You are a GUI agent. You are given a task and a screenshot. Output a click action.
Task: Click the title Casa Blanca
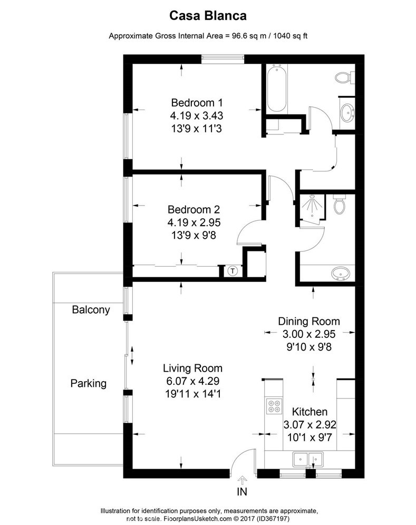pyautogui.click(x=208, y=16)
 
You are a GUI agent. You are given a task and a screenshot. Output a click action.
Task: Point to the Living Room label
pyautogui.click(x=192, y=368)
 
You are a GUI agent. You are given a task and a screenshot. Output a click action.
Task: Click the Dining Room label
pyautogui.click(x=309, y=321)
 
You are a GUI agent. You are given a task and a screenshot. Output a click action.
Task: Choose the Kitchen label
pyautogui.click(x=310, y=412)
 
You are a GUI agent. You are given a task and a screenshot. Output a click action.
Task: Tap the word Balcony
pyautogui.click(x=91, y=310)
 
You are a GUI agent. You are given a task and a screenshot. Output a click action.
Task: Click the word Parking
pyautogui.click(x=89, y=383)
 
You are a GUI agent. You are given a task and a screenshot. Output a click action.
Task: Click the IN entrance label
pyautogui.click(x=242, y=493)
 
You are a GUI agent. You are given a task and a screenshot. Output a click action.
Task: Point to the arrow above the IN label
pyautogui.click(x=242, y=480)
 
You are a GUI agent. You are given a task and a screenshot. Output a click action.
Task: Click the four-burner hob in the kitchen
pyautogui.click(x=274, y=407)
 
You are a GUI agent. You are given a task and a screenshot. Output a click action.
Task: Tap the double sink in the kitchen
pyautogui.click(x=308, y=459)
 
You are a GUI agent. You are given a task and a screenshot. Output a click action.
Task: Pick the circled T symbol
pyautogui.click(x=233, y=271)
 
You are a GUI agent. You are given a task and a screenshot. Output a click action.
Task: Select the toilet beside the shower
pyautogui.click(x=340, y=203)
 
